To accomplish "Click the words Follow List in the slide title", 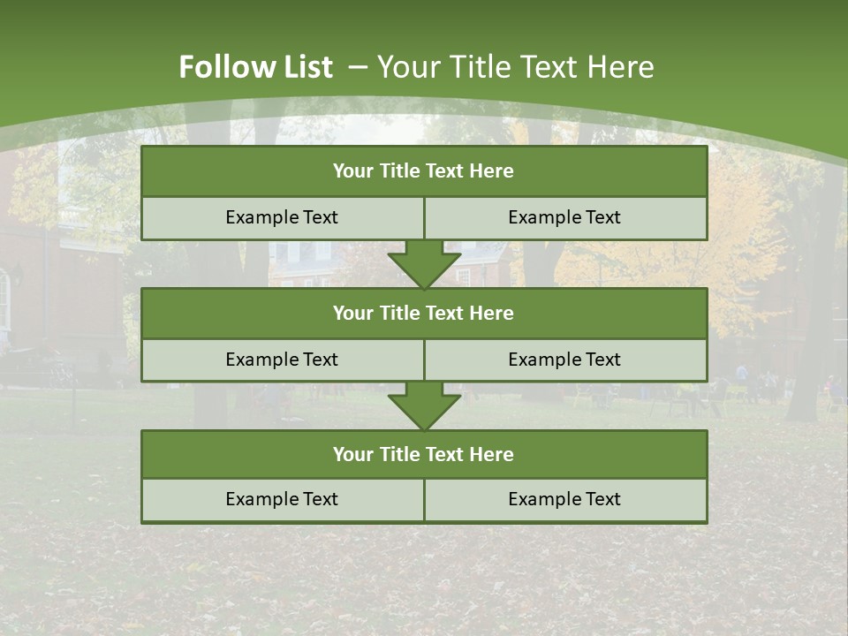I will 255,67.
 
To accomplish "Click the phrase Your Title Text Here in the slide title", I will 515,67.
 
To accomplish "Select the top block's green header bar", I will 424,171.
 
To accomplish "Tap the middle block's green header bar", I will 424,313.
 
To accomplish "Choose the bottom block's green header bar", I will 424,454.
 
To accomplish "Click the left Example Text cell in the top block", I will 282,217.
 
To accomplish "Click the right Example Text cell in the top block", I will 564,217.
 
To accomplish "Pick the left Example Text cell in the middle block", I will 282,360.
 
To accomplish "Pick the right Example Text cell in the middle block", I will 564,360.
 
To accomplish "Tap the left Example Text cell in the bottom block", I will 282,499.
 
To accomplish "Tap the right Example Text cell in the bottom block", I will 564,499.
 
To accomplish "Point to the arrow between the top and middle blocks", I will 424,264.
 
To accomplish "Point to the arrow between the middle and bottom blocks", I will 424,405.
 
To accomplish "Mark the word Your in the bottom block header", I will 352,454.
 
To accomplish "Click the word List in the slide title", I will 309,67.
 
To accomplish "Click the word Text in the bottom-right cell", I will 602,499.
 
